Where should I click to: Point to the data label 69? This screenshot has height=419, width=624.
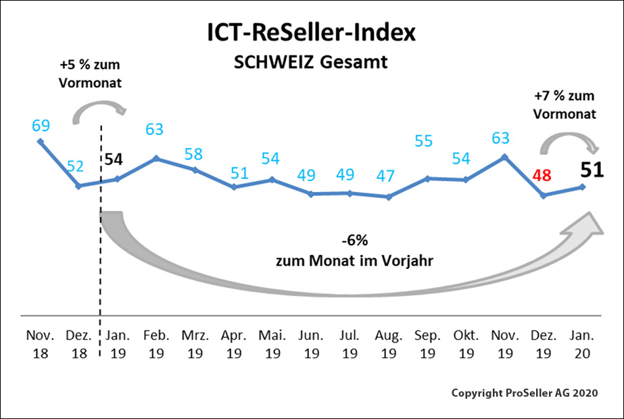(41, 125)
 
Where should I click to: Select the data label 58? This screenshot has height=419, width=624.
(194, 153)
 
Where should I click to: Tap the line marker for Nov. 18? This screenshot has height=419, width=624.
(41, 141)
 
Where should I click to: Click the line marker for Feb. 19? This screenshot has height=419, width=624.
(156, 158)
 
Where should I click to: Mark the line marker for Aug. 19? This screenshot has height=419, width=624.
(388, 197)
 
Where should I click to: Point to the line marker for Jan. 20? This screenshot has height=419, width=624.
(583, 187)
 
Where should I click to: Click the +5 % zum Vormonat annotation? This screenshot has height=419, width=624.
(91, 74)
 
